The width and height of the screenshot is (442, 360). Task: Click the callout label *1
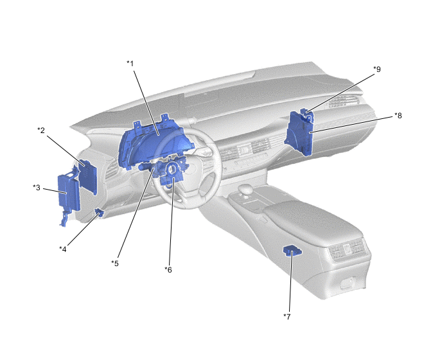130,64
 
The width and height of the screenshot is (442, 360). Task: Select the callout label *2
41,130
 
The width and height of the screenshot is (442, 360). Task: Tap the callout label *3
37,188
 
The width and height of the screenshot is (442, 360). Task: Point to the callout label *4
62,249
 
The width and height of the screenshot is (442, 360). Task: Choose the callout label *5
115,263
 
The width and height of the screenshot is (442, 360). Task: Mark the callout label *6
168,270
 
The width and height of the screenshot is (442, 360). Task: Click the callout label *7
287,317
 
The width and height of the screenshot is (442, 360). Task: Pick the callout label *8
398,115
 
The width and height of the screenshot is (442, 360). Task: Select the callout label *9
377,69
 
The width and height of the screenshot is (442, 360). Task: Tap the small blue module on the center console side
292,251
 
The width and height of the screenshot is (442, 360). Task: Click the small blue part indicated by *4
99,212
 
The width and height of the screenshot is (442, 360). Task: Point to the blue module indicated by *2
88,177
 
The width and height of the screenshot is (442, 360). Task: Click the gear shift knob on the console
246,189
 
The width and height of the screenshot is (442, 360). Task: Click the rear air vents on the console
348,250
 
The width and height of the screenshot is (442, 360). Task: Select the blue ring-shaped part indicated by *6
172,170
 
